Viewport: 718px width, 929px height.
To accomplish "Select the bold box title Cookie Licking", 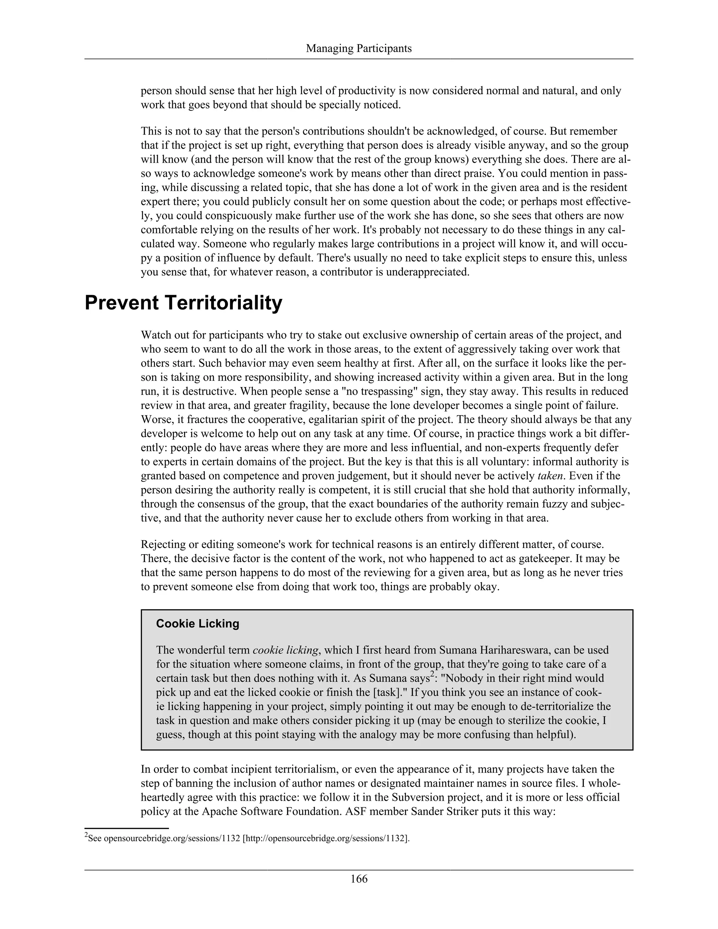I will click(x=197, y=624).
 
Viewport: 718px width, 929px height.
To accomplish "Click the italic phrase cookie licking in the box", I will click(x=285, y=650).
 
